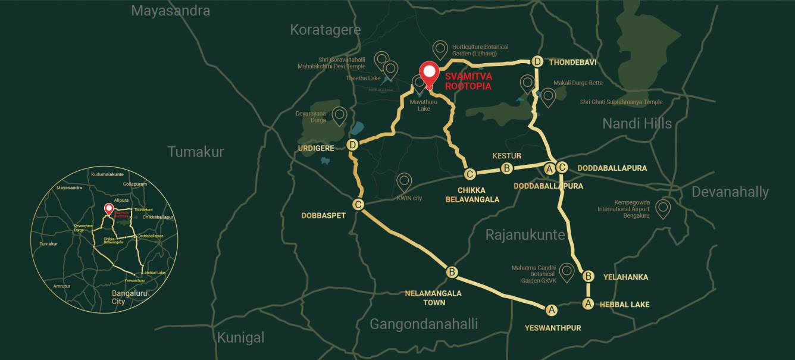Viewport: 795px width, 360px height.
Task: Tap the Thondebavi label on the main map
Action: point(572,62)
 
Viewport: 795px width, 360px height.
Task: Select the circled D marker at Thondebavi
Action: point(537,62)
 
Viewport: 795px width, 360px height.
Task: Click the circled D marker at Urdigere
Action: point(353,145)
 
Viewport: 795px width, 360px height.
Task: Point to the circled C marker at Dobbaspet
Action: point(358,205)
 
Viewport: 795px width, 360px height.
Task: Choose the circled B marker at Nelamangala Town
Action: point(452,273)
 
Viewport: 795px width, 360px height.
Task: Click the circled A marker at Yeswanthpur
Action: point(552,309)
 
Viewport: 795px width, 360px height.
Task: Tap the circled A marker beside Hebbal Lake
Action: point(589,303)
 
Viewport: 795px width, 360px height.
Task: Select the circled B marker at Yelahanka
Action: point(589,276)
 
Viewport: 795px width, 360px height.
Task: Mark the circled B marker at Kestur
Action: point(506,168)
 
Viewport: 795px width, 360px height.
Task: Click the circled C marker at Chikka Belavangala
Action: point(470,174)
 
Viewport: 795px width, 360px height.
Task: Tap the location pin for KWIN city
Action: point(405,181)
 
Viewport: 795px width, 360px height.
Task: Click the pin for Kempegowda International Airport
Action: point(662,208)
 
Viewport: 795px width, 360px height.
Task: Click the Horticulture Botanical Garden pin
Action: point(440,49)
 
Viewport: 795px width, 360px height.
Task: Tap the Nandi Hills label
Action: point(637,124)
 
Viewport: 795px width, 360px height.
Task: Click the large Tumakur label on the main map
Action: point(196,152)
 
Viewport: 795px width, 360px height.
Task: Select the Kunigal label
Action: point(240,338)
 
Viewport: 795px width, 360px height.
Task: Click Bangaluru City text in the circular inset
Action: point(130,298)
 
